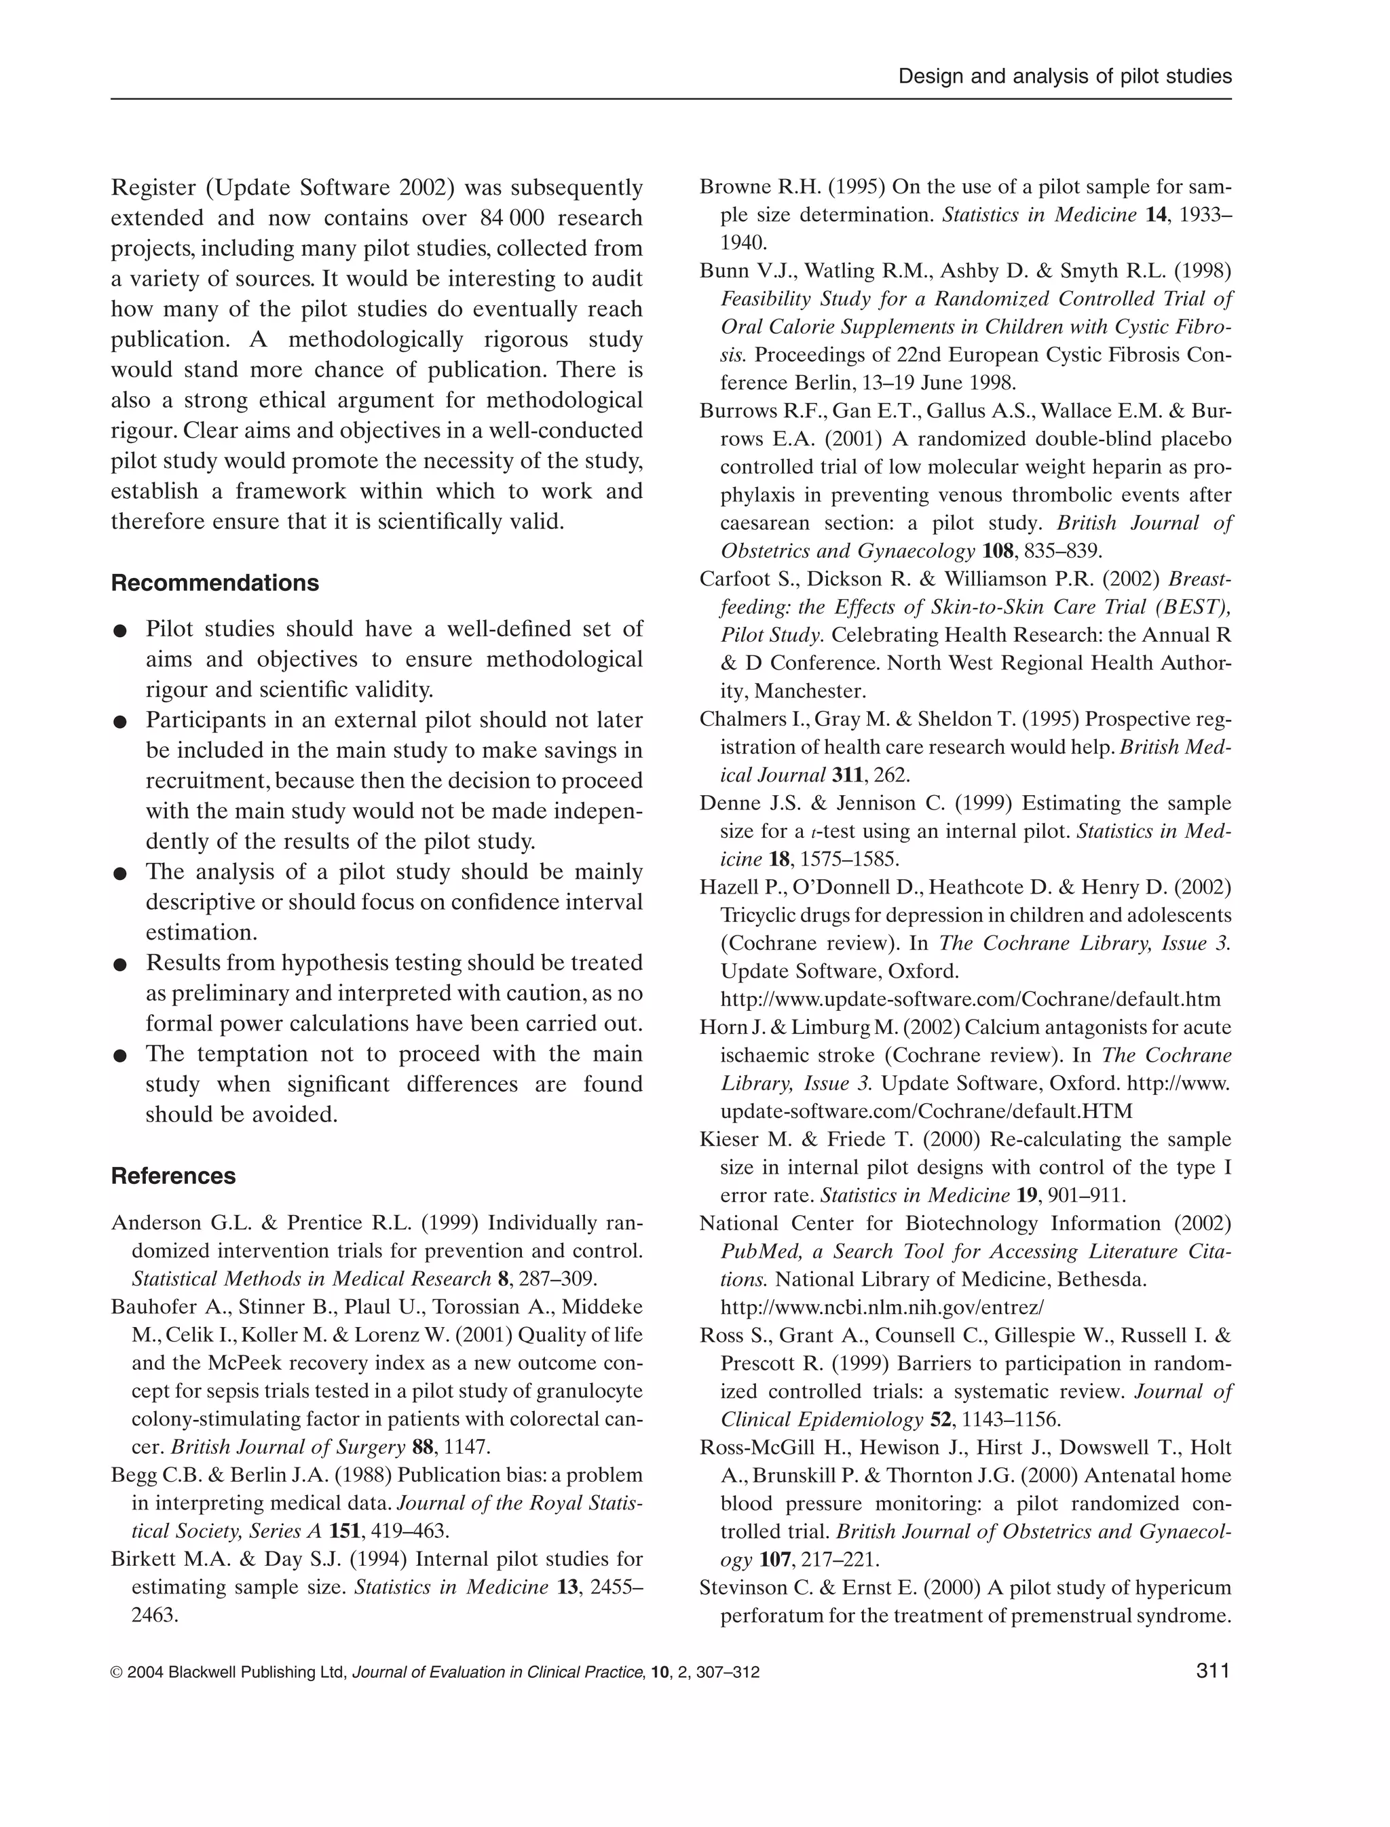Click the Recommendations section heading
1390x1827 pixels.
coord(214,583)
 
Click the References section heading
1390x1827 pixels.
coord(173,1176)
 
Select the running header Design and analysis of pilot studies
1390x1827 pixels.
coord(1065,77)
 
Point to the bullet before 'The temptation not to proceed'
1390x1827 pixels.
coord(120,1056)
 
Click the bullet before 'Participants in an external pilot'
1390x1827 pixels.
coord(120,722)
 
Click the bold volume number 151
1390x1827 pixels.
coord(344,1531)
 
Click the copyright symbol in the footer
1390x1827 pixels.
coord(116,1672)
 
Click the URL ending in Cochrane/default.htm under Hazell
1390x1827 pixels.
coord(971,999)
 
